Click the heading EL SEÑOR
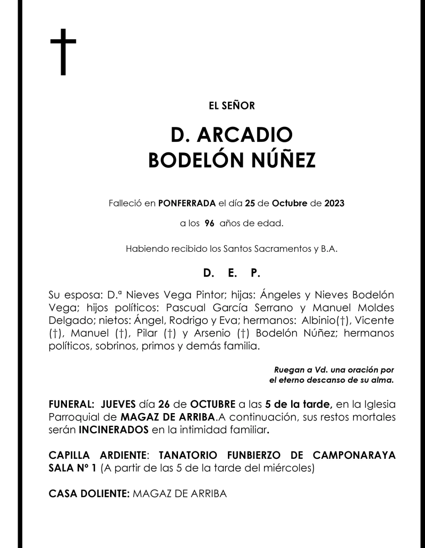(232, 106)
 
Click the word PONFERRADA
(187, 203)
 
